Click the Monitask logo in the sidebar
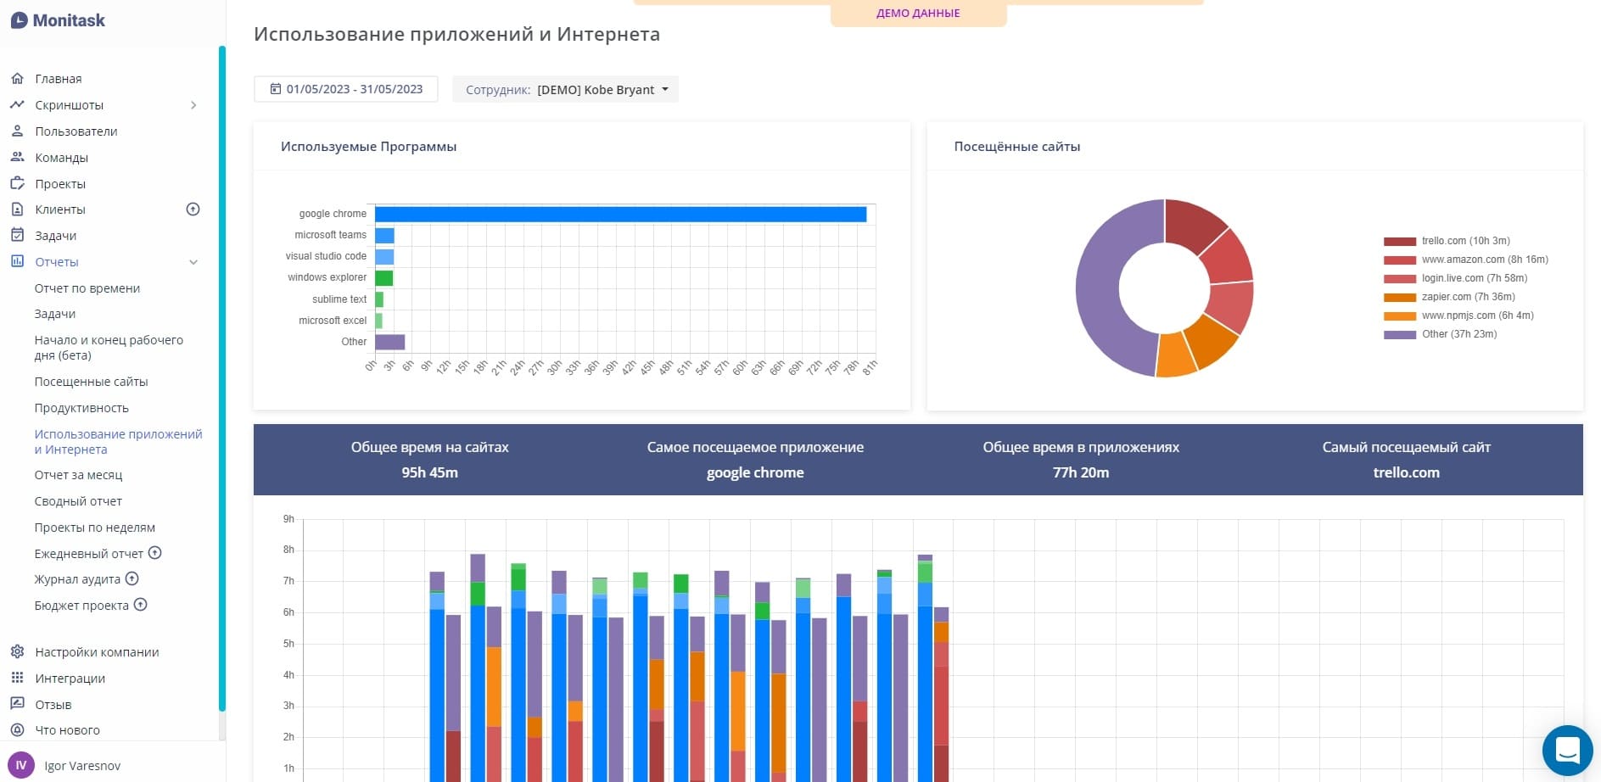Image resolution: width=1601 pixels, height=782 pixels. [58, 20]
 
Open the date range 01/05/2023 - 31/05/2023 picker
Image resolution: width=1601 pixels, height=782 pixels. [346, 89]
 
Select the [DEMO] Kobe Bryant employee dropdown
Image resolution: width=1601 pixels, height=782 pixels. [565, 89]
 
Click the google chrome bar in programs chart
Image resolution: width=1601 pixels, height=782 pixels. [619, 215]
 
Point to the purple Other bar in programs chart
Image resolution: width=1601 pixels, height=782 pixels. [389, 342]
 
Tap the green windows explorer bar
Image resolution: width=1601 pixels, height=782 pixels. [383, 278]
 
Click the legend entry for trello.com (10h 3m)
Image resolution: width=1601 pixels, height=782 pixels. [1465, 241]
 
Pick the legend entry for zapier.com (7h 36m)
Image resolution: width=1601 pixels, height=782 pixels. [1468, 297]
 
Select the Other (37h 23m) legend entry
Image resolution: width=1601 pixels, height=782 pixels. [1458, 334]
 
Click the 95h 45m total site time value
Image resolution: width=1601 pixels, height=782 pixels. [429, 472]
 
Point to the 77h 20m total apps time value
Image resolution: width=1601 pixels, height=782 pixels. [1080, 472]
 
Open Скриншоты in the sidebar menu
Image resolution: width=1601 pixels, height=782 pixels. [69, 105]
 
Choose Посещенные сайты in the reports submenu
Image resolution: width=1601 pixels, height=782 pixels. [91, 382]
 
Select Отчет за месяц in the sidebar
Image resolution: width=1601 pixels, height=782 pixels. [78, 475]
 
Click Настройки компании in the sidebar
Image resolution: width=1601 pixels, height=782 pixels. [97, 652]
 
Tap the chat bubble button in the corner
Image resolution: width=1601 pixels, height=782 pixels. [1567, 751]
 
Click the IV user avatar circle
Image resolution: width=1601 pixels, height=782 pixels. [21, 765]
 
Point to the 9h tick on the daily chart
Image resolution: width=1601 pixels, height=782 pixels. [288, 519]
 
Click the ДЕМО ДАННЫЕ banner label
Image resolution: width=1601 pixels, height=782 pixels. [918, 14]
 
